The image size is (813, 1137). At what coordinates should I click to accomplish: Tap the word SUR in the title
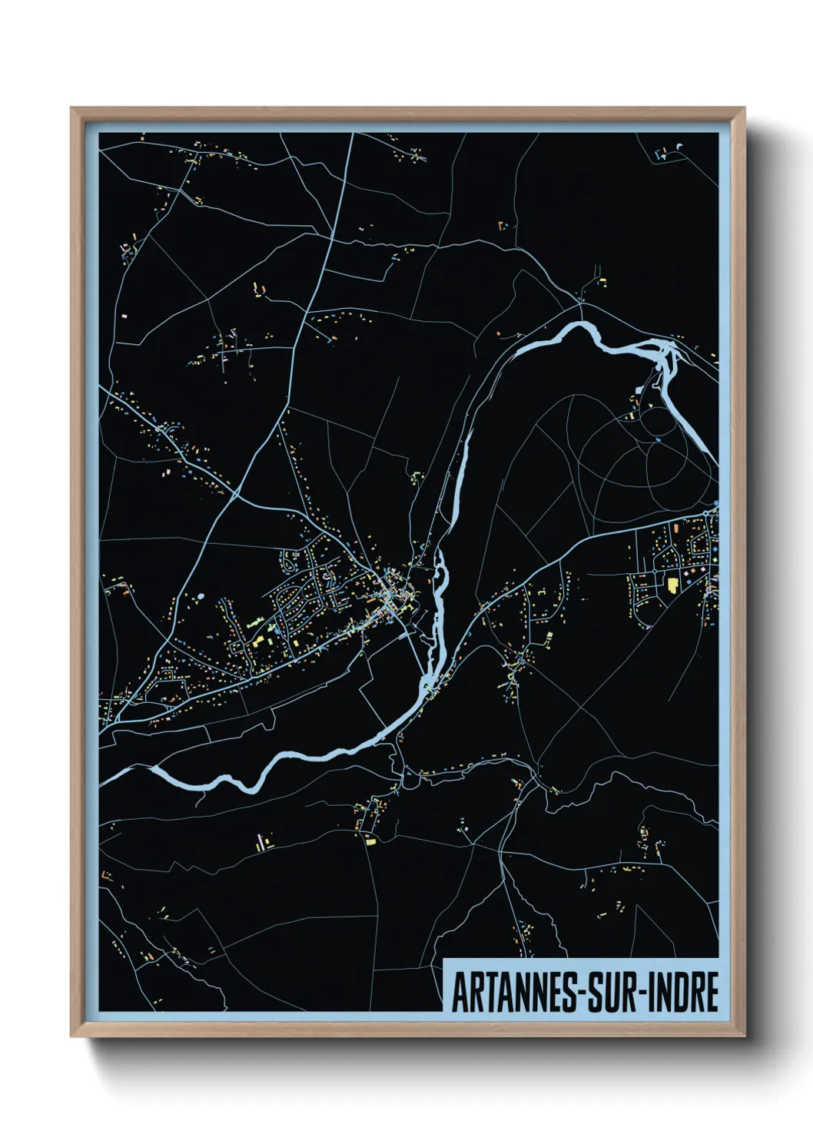tap(611, 993)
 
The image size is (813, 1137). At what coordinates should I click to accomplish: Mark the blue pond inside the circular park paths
tap(658, 440)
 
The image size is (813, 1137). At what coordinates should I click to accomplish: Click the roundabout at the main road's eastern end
tap(715, 510)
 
